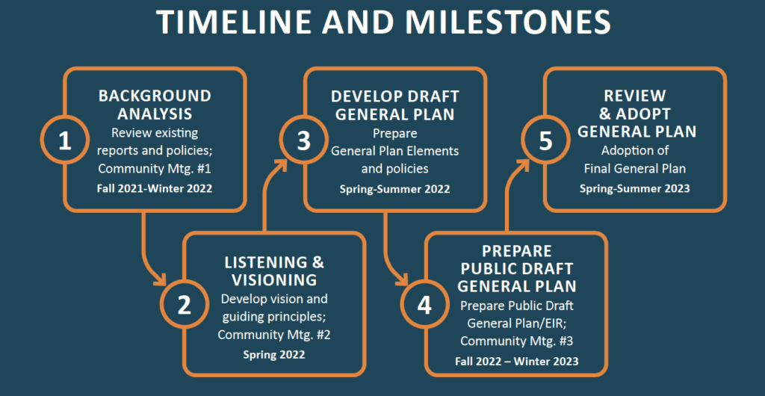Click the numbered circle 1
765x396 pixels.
point(64,140)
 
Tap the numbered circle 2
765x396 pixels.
point(184,304)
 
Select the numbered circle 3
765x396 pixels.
point(303,140)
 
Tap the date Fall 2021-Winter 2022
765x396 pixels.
point(155,188)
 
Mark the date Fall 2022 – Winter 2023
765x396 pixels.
point(516,362)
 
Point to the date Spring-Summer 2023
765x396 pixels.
point(635,188)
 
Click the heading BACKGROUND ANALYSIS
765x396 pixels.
point(155,105)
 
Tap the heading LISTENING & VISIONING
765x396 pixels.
point(274,271)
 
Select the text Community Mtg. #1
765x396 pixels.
point(155,167)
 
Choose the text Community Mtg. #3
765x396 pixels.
point(516,341)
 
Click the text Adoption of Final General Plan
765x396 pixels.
point(635,161)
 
